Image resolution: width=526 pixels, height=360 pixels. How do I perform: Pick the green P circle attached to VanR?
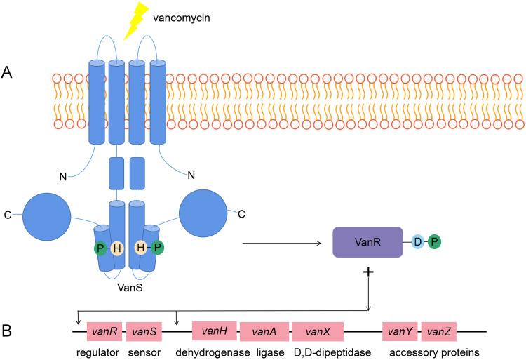coord(436,242)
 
